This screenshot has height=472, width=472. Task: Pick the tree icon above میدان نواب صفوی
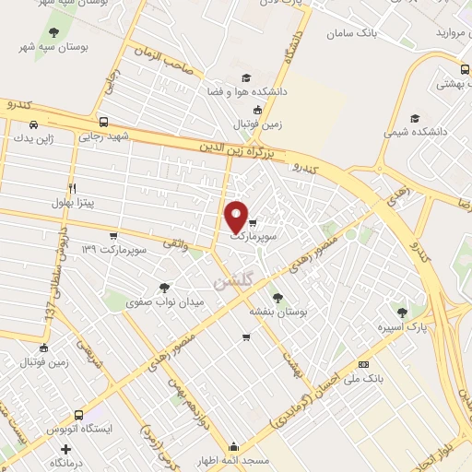click(165, 288)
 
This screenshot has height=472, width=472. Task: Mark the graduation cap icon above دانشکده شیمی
click(416, 118)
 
